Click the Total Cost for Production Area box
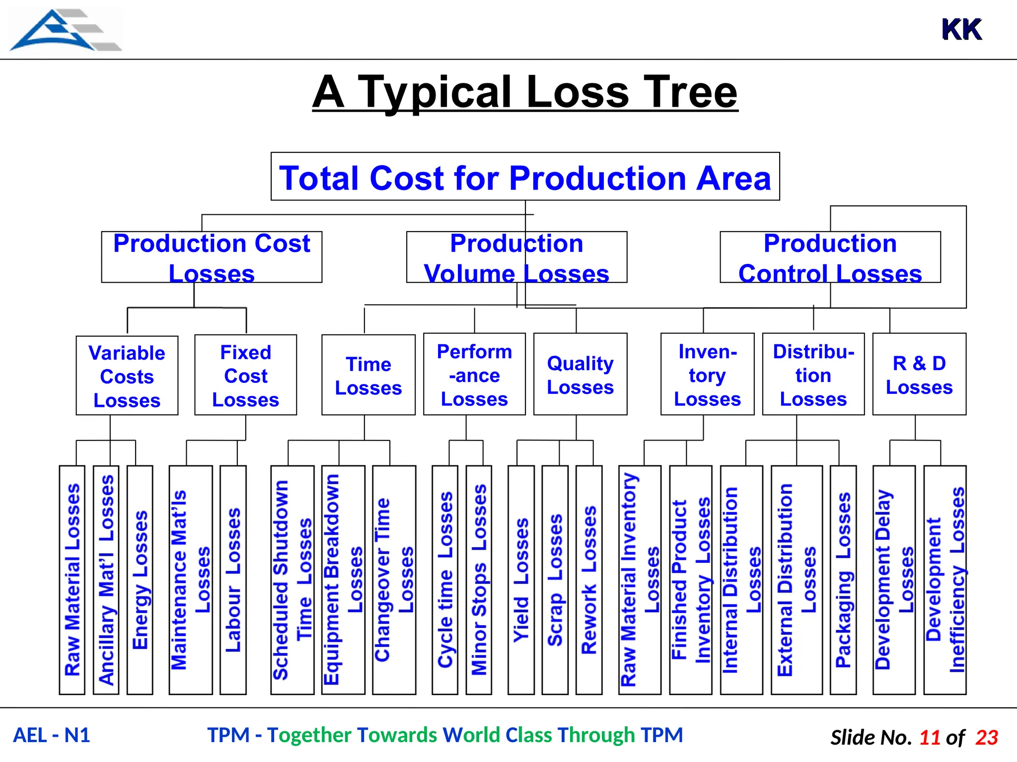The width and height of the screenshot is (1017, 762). coord(525,177)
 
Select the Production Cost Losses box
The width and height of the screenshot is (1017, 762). coord(212,257)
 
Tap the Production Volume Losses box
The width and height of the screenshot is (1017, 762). coord(516,257)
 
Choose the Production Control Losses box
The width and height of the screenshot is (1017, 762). coord(830,257)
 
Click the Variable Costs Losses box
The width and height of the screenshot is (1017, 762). coord(127,376)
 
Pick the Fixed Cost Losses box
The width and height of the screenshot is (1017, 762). coord(246,375)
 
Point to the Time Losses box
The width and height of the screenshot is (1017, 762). coord(368,375)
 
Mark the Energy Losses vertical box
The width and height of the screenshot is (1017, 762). coord(140,579)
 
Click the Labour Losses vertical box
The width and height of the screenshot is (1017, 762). coord(233,579)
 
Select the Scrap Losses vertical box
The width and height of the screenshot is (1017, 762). coord(555,579)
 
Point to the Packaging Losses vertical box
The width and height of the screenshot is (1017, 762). coord(843,579)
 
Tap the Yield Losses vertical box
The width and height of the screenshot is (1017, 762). coord(521,579)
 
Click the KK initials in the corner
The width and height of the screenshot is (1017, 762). coord(961,30)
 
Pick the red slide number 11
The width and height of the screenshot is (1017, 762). coord(930,738)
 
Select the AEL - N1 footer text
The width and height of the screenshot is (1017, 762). coord(52,735)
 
